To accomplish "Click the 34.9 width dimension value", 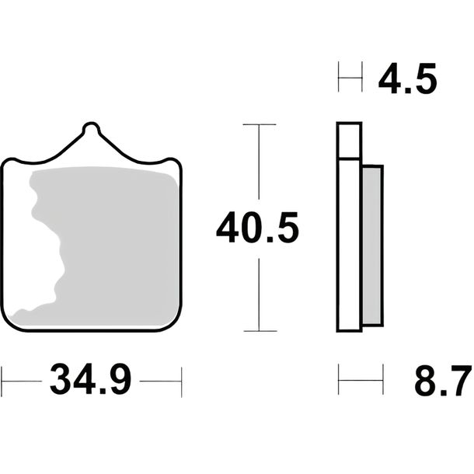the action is [x=91, y=380].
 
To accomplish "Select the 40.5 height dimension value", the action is [x=257, y=228].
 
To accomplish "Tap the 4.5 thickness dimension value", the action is [x=407, y=78].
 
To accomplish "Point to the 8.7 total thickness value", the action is [x=443, y=381].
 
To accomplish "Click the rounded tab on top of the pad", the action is [x=91, y=127].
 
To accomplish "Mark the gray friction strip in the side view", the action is [x=373, y=246].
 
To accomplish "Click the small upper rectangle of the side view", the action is [x=349, y=141].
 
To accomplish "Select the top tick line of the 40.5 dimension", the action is [x=260, y=124].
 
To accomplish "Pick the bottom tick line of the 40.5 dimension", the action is [x=260, y=331].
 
